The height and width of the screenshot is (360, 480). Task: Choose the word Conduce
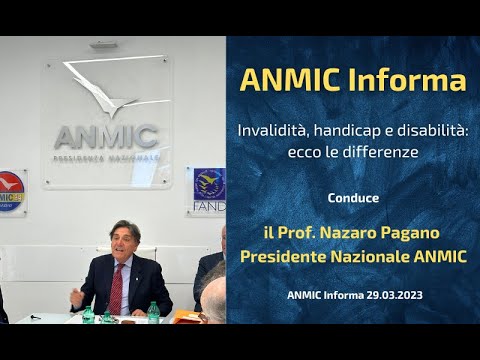[x=353, y=196]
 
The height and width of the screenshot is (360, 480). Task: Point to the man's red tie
[x=116, y=290]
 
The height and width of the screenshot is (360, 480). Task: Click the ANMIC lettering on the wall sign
[x=106, y=136]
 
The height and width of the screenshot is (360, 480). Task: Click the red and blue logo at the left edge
[x=10, y=191]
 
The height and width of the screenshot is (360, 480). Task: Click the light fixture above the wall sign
[x=106, y=45]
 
